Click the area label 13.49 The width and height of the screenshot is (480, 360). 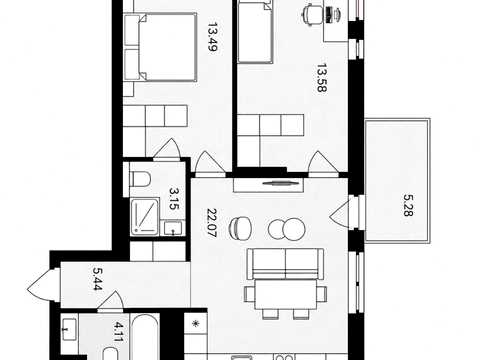tap(212, 37)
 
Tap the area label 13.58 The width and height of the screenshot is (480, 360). tap(322, 78)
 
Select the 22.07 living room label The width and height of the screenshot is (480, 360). tap(212, 223)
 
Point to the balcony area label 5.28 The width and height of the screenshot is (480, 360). tap(408, 205)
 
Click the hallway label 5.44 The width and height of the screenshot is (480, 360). tap(97, 279)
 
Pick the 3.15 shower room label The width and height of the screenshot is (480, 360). tap(174, 199)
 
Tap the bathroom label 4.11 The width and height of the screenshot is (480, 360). tap(118, 331)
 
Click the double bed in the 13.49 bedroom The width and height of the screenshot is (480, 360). tap(160, 47)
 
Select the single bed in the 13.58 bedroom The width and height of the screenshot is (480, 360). tap(255, 32)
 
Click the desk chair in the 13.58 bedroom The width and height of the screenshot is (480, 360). tap(313, 14)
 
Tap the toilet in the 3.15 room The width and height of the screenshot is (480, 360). tap(140, 179)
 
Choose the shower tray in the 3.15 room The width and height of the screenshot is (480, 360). tap(145, 216)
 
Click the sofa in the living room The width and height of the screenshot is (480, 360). tap(285, 264)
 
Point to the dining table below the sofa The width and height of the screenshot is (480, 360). tap(285, 294)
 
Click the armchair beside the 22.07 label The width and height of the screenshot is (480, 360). tap(239, 228)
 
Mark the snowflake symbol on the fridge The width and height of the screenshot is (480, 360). tap(196, 323)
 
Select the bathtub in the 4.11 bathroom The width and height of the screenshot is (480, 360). tap(144, 336)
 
